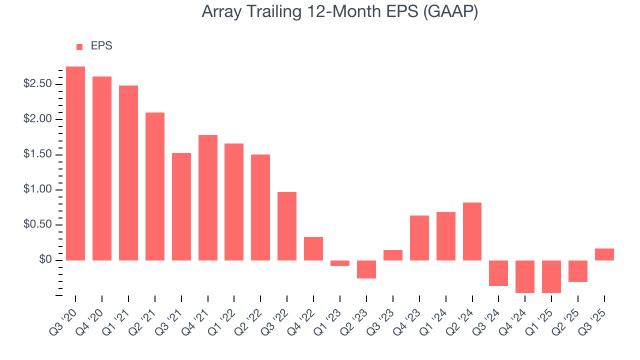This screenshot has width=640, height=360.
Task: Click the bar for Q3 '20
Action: [x=75, y=163]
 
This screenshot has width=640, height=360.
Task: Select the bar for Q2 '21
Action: [x=155, y=186]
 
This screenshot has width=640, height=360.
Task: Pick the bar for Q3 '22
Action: [x=287, y=226]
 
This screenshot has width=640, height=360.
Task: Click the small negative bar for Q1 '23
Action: [x=340, y=263]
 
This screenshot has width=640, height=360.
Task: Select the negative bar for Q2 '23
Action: [x=366, y=269]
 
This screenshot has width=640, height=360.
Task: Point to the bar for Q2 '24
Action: [x=472, y=231]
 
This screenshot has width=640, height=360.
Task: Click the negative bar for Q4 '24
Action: [x=525, y=276]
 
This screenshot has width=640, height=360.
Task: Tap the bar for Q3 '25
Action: [x=604, y=254]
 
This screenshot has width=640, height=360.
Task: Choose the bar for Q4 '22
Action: [x=313, y=248]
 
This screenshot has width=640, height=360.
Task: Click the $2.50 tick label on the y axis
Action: [x=37, y=84]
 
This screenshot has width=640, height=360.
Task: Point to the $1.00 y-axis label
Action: [x=37, y=189]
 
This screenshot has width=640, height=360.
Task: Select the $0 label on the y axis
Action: [x=45, y=260]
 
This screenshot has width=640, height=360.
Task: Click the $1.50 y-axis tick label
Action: [x=37, y=154]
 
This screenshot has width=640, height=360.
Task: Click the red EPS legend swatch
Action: [x=79, y=47]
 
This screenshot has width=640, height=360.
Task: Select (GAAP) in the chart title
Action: [x=450, y=12]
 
